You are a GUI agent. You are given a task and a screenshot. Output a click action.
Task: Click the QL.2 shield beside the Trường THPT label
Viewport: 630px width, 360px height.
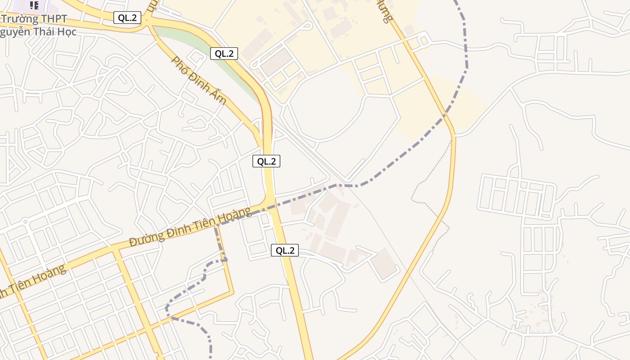pyautogui.click(x=127, y=18)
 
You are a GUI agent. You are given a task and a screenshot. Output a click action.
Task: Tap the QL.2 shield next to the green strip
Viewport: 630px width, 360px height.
pyautogui.click(x=224, y=54)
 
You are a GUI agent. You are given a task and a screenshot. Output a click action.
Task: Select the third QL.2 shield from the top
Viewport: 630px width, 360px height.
pyautogui.click(x=266, y=161)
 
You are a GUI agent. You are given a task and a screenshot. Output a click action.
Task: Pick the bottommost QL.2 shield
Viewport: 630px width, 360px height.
pyautogui.click(x=285, y=251)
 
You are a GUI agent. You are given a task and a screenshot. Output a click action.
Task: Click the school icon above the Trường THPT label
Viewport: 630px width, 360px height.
pyautogui.click(x=34, y=5)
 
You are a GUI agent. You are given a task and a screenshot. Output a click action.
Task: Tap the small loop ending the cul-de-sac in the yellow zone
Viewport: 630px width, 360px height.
pyautogui.click(x=308, y=25)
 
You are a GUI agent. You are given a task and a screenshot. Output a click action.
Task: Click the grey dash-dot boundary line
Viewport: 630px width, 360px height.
pyautogui.click(x=405, y=153)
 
